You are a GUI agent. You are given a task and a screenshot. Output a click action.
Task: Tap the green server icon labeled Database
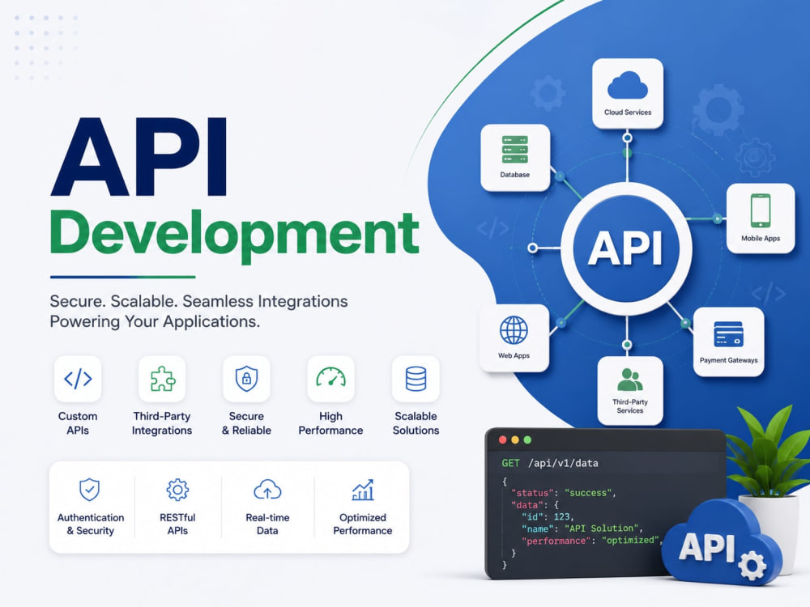click(x=514, y=150)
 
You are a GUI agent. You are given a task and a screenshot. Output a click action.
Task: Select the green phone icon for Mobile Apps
click(x=761, y=210)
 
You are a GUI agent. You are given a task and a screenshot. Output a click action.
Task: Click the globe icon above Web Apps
click(x=514, y=330)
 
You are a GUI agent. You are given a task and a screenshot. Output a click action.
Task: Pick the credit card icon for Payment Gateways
click(x=728, y=334)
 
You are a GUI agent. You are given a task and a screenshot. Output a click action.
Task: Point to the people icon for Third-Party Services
click(x=629, y=380)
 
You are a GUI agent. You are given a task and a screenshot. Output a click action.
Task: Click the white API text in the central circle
click(x=626, y=248)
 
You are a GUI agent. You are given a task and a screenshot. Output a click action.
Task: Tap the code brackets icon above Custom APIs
click(x=78, y=379)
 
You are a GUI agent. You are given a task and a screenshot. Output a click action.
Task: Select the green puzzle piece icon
click(x=162, y=379)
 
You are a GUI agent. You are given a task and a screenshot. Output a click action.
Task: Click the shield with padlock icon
click(x=246, y=379)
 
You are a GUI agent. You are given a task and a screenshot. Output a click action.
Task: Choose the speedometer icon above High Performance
click(x=330, y=377)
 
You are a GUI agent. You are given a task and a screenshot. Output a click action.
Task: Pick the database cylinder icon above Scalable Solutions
click(x=416, y=379)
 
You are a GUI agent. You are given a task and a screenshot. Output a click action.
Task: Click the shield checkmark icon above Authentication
click(x=89, y=490)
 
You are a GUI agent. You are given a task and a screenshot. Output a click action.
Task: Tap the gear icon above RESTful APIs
click(x=177, y=490)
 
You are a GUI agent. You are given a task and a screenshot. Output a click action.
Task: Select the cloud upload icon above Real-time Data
click(x=267, y=490)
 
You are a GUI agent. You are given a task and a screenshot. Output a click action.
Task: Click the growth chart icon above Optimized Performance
click(x=363, y=490)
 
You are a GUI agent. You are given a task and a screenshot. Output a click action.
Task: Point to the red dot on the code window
click(x=503, y=439)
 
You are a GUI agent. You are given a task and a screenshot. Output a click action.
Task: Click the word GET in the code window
click(x=510, y=463)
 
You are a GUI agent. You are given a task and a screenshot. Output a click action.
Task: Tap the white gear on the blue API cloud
click(x=752, y=566)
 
